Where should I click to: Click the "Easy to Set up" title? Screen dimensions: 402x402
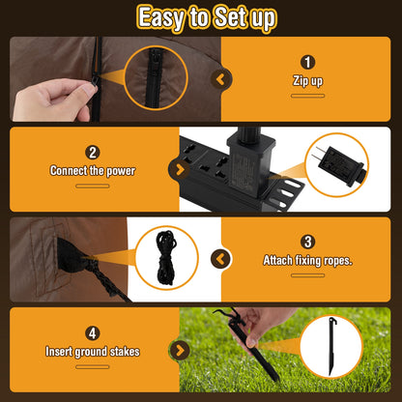point(207,18)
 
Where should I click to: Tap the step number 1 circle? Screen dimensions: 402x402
point(307,62)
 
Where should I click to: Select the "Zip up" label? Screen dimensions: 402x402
point(307,81)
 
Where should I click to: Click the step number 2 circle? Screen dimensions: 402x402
point(93,153)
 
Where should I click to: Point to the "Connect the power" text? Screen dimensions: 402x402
point(93,171)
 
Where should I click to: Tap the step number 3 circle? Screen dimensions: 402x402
point(307,242)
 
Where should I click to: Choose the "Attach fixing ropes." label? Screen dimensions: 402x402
point(307,260)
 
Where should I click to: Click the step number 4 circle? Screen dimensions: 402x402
point(93,333)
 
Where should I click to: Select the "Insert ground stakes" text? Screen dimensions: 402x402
point(93,352)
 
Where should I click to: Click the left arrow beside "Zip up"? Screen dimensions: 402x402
point(221,79)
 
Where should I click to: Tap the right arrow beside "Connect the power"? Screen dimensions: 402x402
point(179,169)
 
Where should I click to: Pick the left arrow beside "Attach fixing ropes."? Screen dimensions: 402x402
point(221,259)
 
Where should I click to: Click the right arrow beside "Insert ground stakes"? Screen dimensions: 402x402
point(179,351)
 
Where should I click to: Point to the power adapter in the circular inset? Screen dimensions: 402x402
point(341,163)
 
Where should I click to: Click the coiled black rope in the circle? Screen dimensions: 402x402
point(166,257)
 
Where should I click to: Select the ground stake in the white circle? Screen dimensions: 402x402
point(331,346)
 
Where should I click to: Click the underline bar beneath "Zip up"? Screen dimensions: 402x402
point(307,96)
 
